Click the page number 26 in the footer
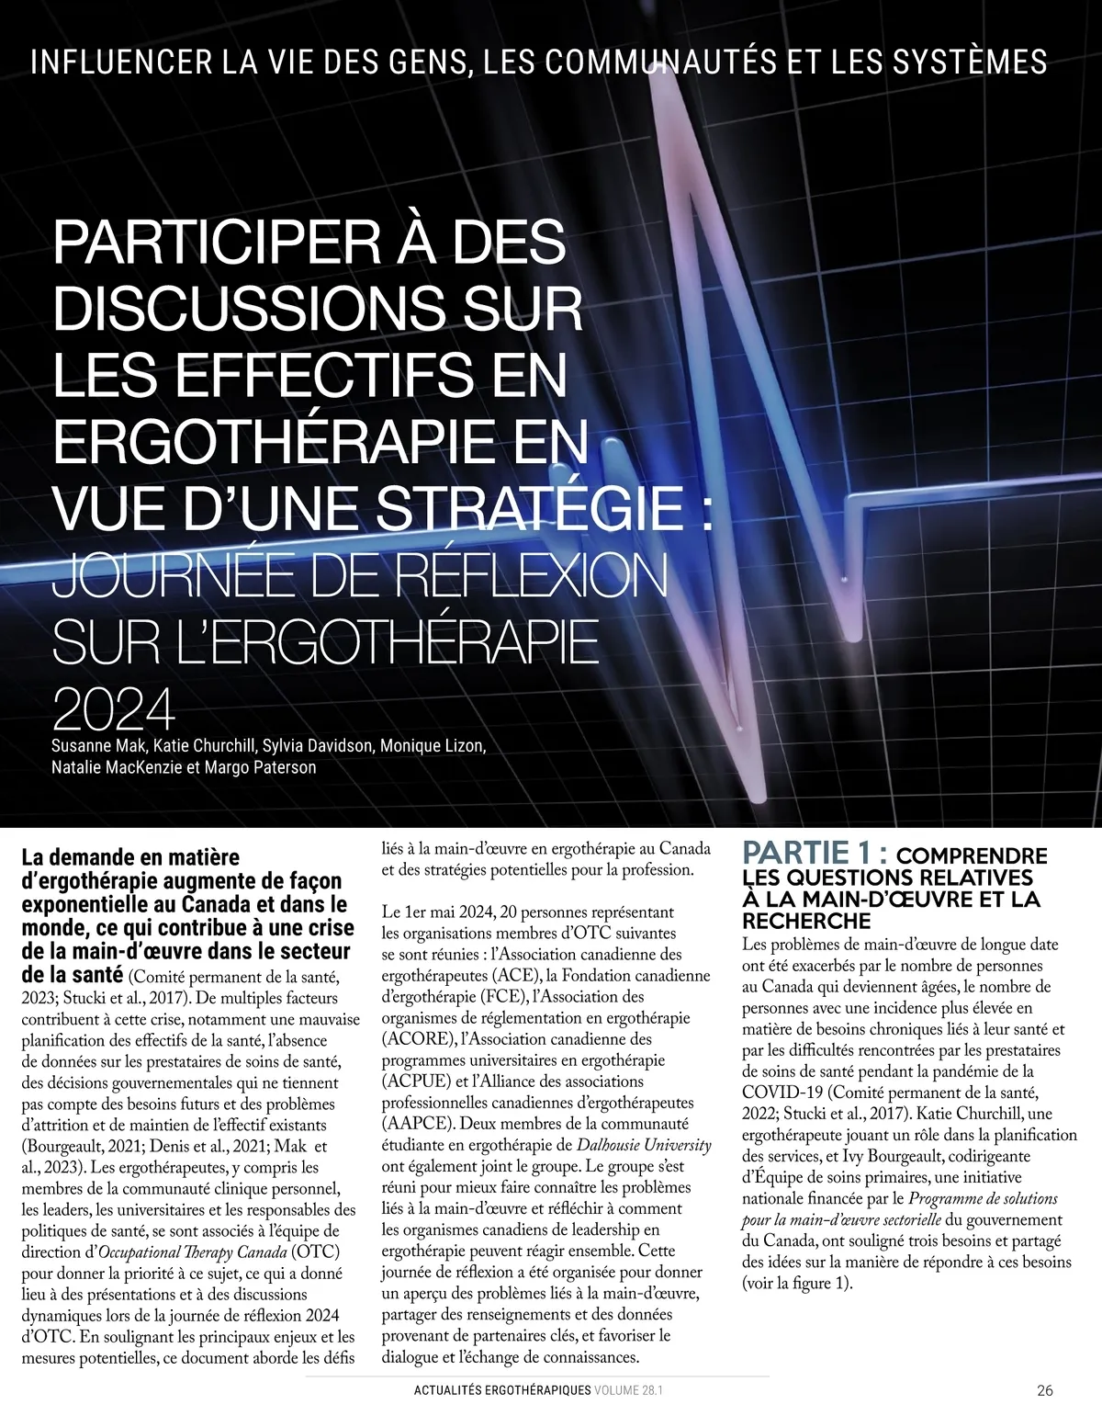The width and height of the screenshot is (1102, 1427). coord(1045,1390)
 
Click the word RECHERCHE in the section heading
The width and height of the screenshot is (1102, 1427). coord(806,920)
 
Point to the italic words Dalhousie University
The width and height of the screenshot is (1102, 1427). coord(644,1145)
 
